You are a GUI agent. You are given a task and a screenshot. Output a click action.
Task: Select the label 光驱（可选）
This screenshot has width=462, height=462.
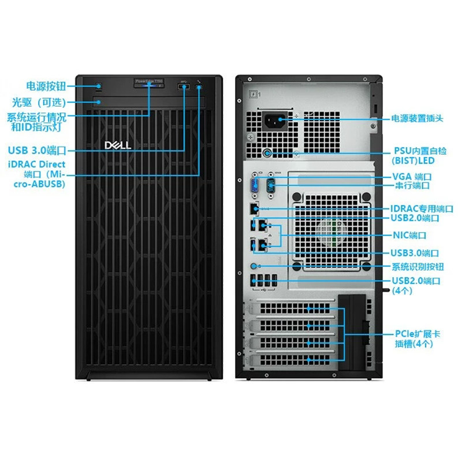39,102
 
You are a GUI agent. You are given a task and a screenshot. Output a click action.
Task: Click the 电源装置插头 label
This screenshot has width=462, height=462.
417,118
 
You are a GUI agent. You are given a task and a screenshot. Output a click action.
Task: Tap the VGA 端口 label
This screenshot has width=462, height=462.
412,177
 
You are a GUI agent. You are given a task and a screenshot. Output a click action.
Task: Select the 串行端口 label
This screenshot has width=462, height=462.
412,186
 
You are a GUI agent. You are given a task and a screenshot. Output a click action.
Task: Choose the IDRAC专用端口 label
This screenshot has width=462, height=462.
422,208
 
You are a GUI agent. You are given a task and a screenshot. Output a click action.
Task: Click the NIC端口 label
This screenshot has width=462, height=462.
409,235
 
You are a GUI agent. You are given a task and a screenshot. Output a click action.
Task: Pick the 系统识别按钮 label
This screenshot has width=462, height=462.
418,267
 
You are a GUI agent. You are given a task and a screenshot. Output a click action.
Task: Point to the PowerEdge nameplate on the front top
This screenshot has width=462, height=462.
149,82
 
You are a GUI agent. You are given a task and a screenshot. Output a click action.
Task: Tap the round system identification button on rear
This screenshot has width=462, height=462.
256,267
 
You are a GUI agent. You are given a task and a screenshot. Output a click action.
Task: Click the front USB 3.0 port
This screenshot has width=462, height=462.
184,87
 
